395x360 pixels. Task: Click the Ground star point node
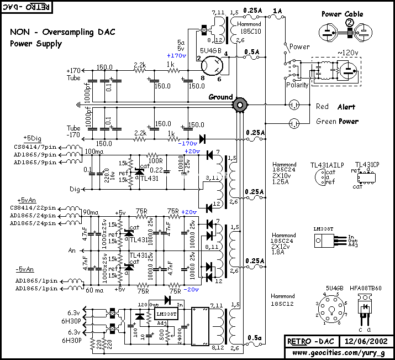240,104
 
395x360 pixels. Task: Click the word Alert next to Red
346,107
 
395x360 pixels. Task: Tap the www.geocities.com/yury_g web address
339,352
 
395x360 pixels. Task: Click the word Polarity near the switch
297,85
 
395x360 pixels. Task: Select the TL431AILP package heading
328,165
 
